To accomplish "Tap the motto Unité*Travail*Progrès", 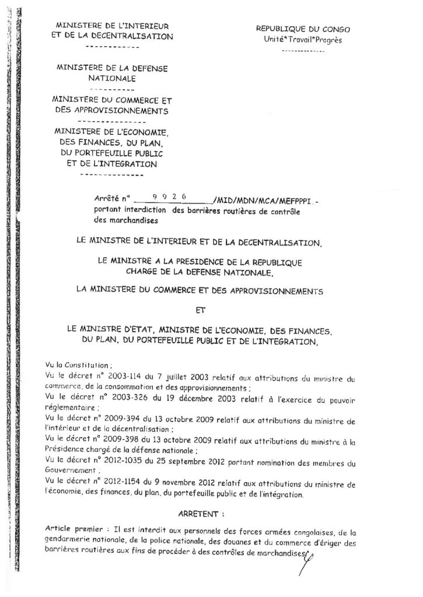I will click(x=303, y=40).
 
